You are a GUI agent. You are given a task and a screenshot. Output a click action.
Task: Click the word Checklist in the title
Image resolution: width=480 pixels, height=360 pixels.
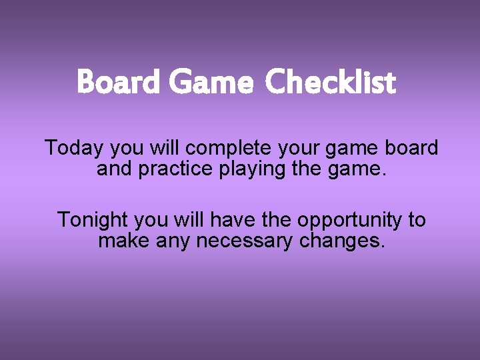click(330, 83)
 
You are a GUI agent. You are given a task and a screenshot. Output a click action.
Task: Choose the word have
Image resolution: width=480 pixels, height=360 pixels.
click(229, 219)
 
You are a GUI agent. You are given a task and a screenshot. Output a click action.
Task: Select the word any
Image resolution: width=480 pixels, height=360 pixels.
click(173, 241)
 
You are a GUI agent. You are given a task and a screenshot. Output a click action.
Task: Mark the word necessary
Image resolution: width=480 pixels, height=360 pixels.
click(244, 241)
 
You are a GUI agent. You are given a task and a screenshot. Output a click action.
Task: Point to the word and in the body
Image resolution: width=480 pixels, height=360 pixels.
click(114, 169)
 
